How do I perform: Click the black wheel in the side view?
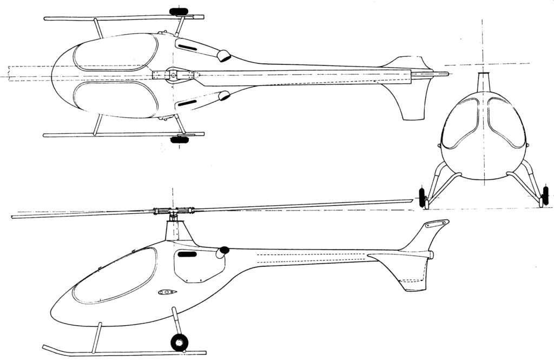pos(179,342)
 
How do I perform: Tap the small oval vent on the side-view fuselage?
pos(167,292)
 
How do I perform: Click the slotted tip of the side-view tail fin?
pos(437,223)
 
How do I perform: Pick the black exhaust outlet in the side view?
pos(223,251)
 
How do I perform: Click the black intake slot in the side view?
pos(187,253)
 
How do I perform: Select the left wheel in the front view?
pos(422,196)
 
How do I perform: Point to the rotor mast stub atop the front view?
pos(483,81)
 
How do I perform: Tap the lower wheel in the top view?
pos(179,140)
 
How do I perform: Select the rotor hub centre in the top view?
pos(173,76)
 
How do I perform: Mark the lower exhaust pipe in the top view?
pos(223,96)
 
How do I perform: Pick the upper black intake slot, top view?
pos(187,49)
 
